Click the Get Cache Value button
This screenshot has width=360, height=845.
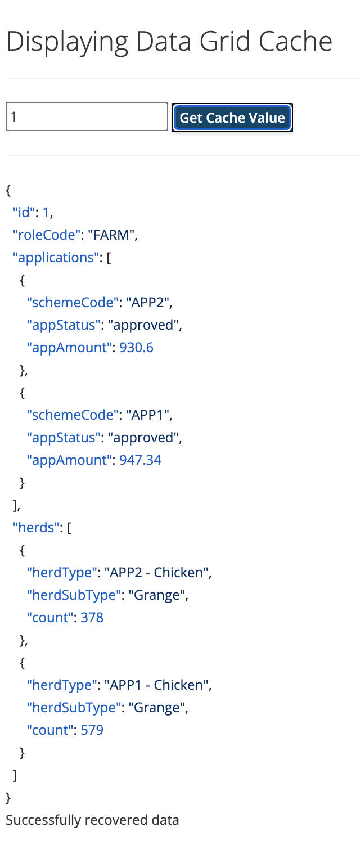tap(232, 118)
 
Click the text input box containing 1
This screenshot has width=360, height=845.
tap(87, 116)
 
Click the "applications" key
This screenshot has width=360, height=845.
tap(56, 258)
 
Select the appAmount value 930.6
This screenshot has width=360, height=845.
tap(136, 348)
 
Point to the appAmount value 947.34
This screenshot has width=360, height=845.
tap(140, 460)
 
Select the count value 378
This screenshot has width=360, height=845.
tap(92, 618)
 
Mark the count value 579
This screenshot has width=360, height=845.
tap(92, 730)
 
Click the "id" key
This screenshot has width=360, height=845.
tap(26, 213)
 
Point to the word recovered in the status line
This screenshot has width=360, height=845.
tap(115, 820)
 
